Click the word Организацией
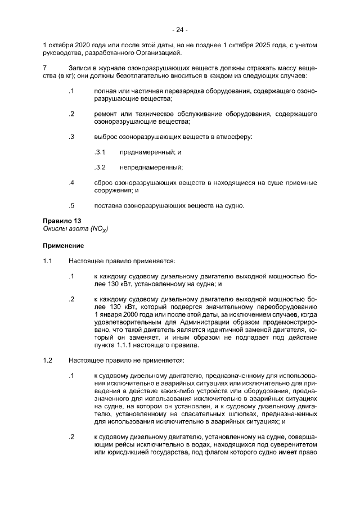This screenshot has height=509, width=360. pyautogui.click(x=159, y=53)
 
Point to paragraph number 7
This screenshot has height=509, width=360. pyautogui.click(x=44, y=68)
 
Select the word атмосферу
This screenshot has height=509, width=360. pyautogui.click(x=232, y=137)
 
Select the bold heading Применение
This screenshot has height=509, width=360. pyautogui.click(x=64, y=246)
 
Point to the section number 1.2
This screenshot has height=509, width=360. pyautogui.click(x=48, y=359)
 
